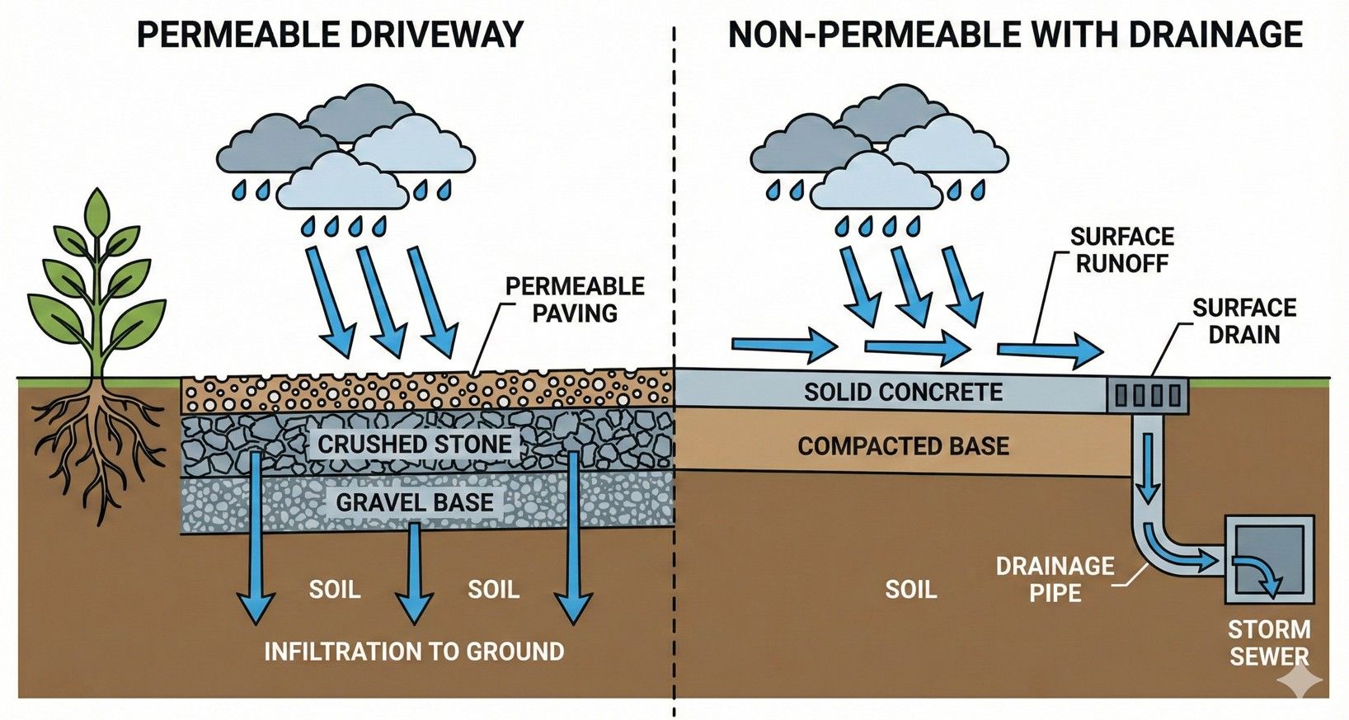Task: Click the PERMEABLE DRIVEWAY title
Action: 330,35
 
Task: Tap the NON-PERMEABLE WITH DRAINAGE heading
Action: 1014,35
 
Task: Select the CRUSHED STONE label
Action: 414,444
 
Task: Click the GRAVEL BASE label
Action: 414,501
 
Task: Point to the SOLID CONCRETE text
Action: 903,392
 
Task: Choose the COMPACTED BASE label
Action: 903,446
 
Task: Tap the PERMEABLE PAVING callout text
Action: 575,299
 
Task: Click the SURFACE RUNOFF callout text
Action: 1121,250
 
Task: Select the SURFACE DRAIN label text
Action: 1243,321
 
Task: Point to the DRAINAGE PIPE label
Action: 1055,579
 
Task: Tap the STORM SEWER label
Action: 1268,642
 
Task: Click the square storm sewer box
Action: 1269,560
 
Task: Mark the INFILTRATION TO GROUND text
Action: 414,652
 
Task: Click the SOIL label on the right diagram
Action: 910,589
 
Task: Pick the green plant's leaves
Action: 97,272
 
